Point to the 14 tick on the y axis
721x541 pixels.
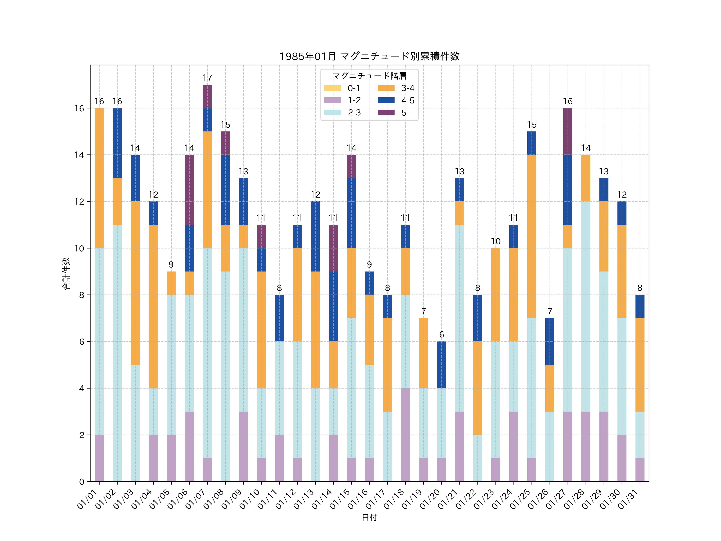point(79,155)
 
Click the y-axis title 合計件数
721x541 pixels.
point(66,273)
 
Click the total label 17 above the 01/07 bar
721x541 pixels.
point(207,78)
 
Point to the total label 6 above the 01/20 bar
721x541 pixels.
point(441,335)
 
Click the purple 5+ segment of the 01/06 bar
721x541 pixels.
point(189,190)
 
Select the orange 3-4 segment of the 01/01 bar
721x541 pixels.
point(99,178)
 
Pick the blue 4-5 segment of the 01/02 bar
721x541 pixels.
point(117,143)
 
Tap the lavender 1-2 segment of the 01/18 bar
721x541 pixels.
point(406,435)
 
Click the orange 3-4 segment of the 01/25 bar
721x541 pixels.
point(532,236)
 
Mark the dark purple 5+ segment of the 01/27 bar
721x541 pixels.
point(568,131)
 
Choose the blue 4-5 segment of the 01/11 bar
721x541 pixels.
point(279,318)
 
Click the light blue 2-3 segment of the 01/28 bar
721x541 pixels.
point(586,307)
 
